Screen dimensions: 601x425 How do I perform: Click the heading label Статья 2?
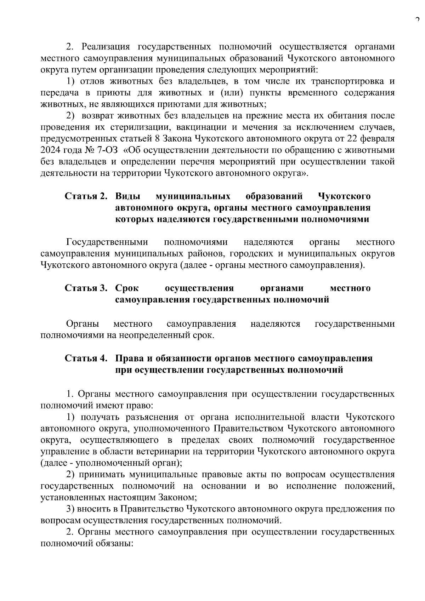point(86,196)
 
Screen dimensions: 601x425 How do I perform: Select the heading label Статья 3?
point(86,288)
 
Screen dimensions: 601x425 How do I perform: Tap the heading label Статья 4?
point(86,358)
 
